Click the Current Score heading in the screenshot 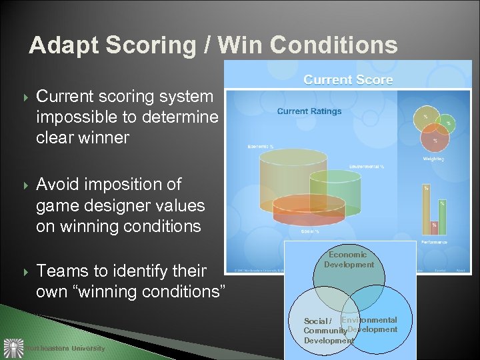(x=348, y=80)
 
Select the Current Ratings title (x=309, y=111)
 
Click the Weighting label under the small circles (x=433, y=159)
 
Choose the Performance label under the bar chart (x=433, y=242)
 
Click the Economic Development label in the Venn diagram (x=349, y=259)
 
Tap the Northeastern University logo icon (x=13, y=348)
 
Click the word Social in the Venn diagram (x=315, y=321)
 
